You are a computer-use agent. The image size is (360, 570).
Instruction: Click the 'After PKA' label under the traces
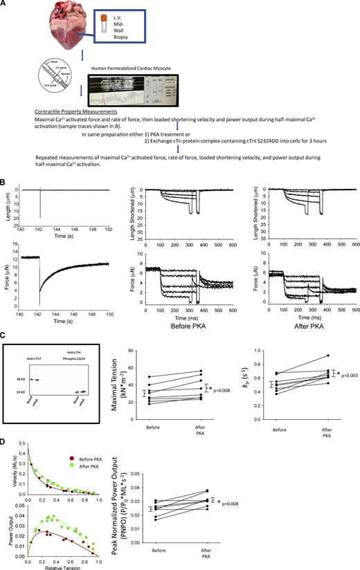(x=305, y=313)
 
